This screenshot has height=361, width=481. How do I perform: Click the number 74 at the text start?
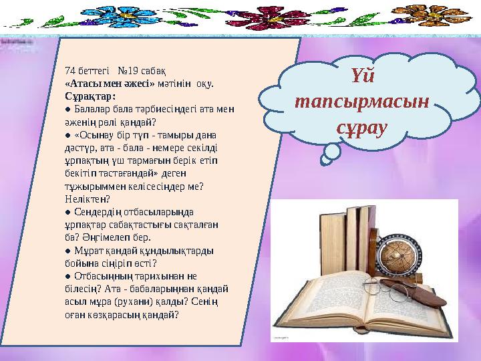[x=70, y=70]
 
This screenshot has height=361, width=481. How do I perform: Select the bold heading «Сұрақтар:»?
[x=86, y=96]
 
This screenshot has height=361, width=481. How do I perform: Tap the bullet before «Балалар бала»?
[x=68, y=109]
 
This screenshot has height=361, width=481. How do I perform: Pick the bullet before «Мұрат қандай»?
[x=68, y=250]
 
